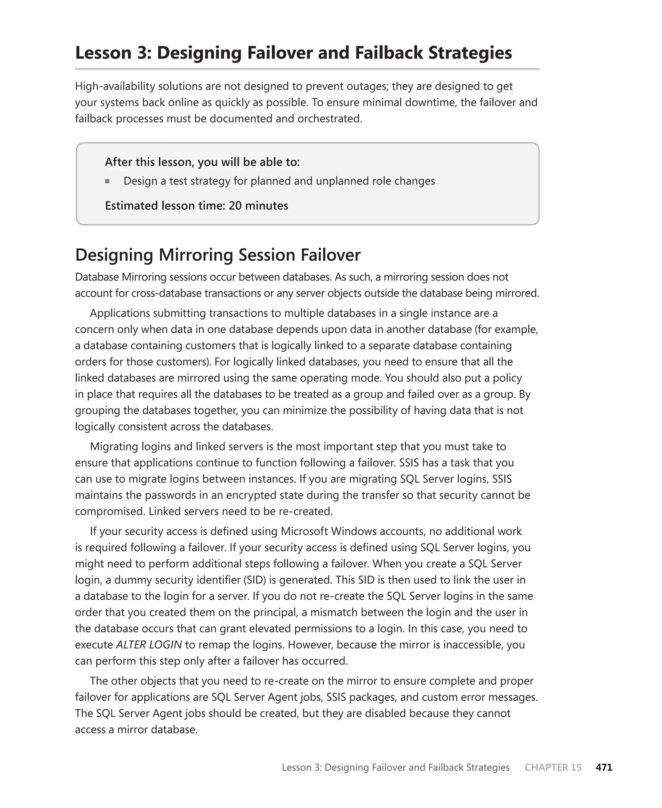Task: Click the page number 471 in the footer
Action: point(604,767)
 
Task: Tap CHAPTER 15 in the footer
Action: point(553,767)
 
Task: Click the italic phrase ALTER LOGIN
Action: point(149,644)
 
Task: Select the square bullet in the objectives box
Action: point(108,181)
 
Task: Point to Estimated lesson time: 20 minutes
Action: point(197,206)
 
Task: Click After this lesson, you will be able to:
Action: point(202,162)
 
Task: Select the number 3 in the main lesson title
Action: point(144,53)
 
